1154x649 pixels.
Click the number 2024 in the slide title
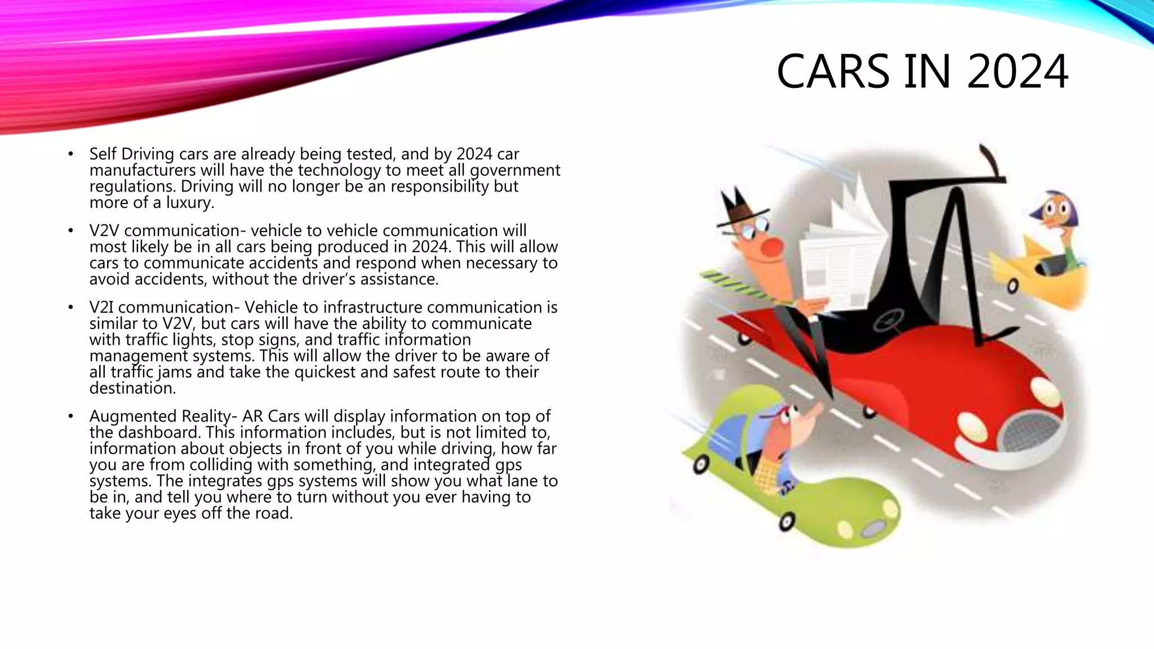point(1018,72)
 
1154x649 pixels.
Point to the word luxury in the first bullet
point(189,203)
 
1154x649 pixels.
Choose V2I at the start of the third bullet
point(101,307)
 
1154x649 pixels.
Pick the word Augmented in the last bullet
point(134,416)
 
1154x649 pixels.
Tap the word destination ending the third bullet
point(132,388)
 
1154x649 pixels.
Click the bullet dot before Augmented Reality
point(70,416)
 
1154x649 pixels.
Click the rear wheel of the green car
point(700,464)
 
